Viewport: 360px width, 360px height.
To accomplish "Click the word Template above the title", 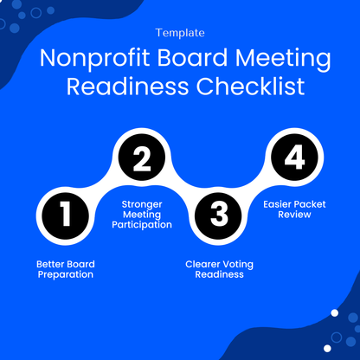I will coord(180,33).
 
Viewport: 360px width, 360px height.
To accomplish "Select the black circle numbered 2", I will coord(141,159).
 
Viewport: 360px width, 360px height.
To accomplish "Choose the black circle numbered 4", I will coord(294,159).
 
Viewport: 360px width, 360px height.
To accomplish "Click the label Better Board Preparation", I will coord(65,269).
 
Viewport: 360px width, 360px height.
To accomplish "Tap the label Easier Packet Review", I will coord(294,209).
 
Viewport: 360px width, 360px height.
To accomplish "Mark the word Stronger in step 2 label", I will coord(141,203).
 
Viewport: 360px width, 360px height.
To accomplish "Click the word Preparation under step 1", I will coord(65,274).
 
